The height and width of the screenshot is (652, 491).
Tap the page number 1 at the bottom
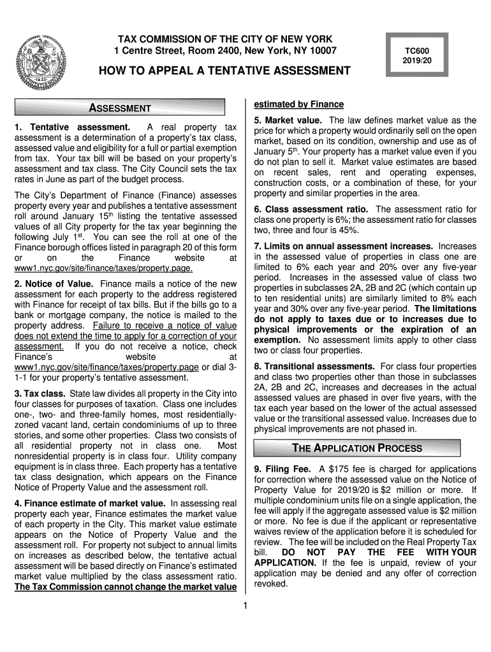pos(245,605)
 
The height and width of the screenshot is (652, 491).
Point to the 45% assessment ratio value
pos(350,230)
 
